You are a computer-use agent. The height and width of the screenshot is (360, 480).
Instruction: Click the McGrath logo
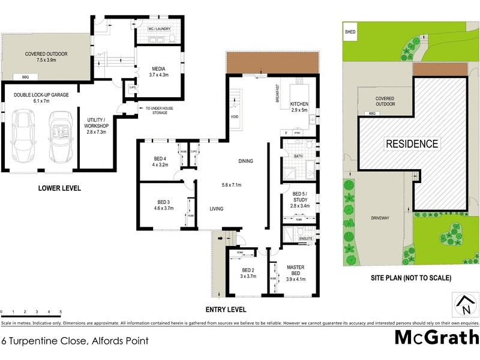436,337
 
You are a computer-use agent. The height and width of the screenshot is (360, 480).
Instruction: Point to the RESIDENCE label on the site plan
412,144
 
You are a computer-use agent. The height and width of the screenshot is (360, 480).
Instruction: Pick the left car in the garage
23,137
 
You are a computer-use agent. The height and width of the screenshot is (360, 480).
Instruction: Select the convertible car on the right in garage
60,137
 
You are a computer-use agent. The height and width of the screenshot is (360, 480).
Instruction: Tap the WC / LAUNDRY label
159,28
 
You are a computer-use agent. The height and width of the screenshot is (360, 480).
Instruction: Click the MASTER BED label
296,271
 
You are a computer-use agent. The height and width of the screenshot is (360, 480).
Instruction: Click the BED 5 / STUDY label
301,197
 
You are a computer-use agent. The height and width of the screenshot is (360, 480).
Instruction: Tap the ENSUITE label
305,238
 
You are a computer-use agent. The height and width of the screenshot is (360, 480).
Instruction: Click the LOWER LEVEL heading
59,188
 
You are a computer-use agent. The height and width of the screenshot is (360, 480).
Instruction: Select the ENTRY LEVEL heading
226,310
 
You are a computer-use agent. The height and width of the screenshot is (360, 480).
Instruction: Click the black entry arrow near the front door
220,239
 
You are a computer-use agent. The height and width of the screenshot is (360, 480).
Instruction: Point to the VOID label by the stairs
235,117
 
